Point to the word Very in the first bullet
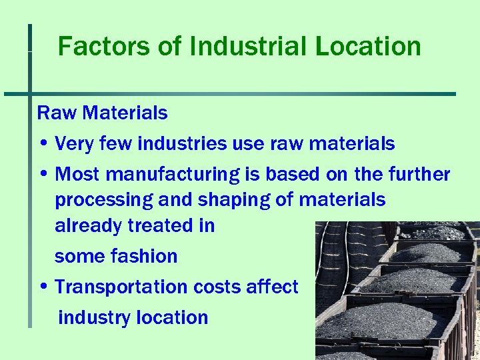click(x=73, y=144)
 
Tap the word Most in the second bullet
click(x=77, y=175)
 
